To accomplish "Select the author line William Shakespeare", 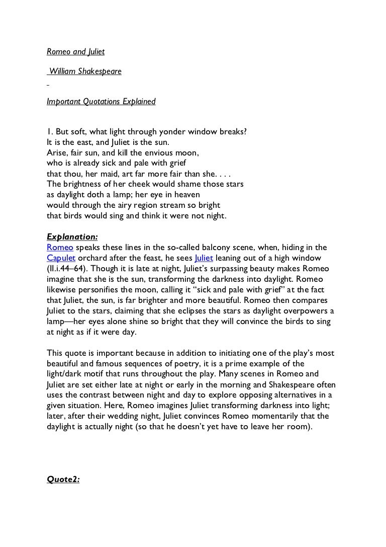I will [x=85, y=71].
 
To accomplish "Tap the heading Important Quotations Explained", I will [x=101, y=102].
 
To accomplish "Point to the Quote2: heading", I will [x=63, y=479].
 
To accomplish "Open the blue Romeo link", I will [x=59, y=247].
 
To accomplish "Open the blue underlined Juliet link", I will [x=204, y=258].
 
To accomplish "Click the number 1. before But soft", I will [x=50, y=132].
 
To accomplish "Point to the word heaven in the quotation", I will [x=186, y=194].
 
